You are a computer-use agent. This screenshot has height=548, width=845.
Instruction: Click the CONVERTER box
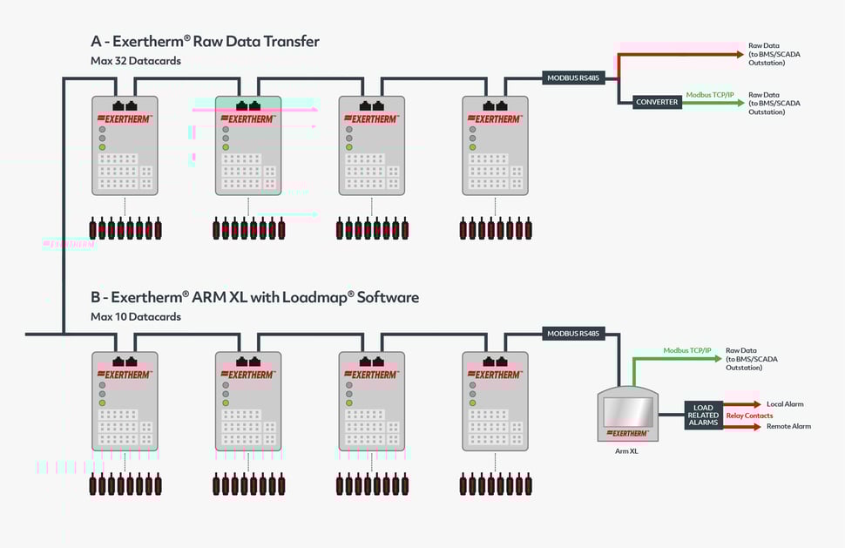[657, 102]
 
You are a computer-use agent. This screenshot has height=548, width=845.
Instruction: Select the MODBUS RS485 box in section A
[573, 78]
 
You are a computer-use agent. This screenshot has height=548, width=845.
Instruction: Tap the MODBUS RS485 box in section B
[573, 333]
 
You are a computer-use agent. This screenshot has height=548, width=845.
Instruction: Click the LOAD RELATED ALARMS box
[703, 415]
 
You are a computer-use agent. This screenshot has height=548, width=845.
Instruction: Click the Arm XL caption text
[627, 451]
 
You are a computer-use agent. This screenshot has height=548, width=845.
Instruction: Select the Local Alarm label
[785, 404]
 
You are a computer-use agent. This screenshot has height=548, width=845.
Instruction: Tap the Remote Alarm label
[788, 426]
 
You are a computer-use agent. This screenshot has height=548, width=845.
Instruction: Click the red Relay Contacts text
[749, 416]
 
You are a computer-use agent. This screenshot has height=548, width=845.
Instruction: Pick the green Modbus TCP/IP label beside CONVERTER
[711, 94]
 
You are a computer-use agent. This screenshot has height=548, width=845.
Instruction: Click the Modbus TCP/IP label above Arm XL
[687, 349]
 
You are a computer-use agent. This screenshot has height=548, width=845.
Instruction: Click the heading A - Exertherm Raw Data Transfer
[205, 41]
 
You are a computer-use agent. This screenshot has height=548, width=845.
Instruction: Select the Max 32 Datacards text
[136, 61]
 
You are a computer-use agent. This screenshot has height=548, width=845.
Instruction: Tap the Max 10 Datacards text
[136, 316]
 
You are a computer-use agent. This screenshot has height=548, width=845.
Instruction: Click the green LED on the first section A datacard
[102, 147]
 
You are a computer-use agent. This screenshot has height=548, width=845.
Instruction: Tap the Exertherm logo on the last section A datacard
[495, 118]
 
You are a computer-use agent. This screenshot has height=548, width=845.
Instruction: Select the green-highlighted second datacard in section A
[248, 145]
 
